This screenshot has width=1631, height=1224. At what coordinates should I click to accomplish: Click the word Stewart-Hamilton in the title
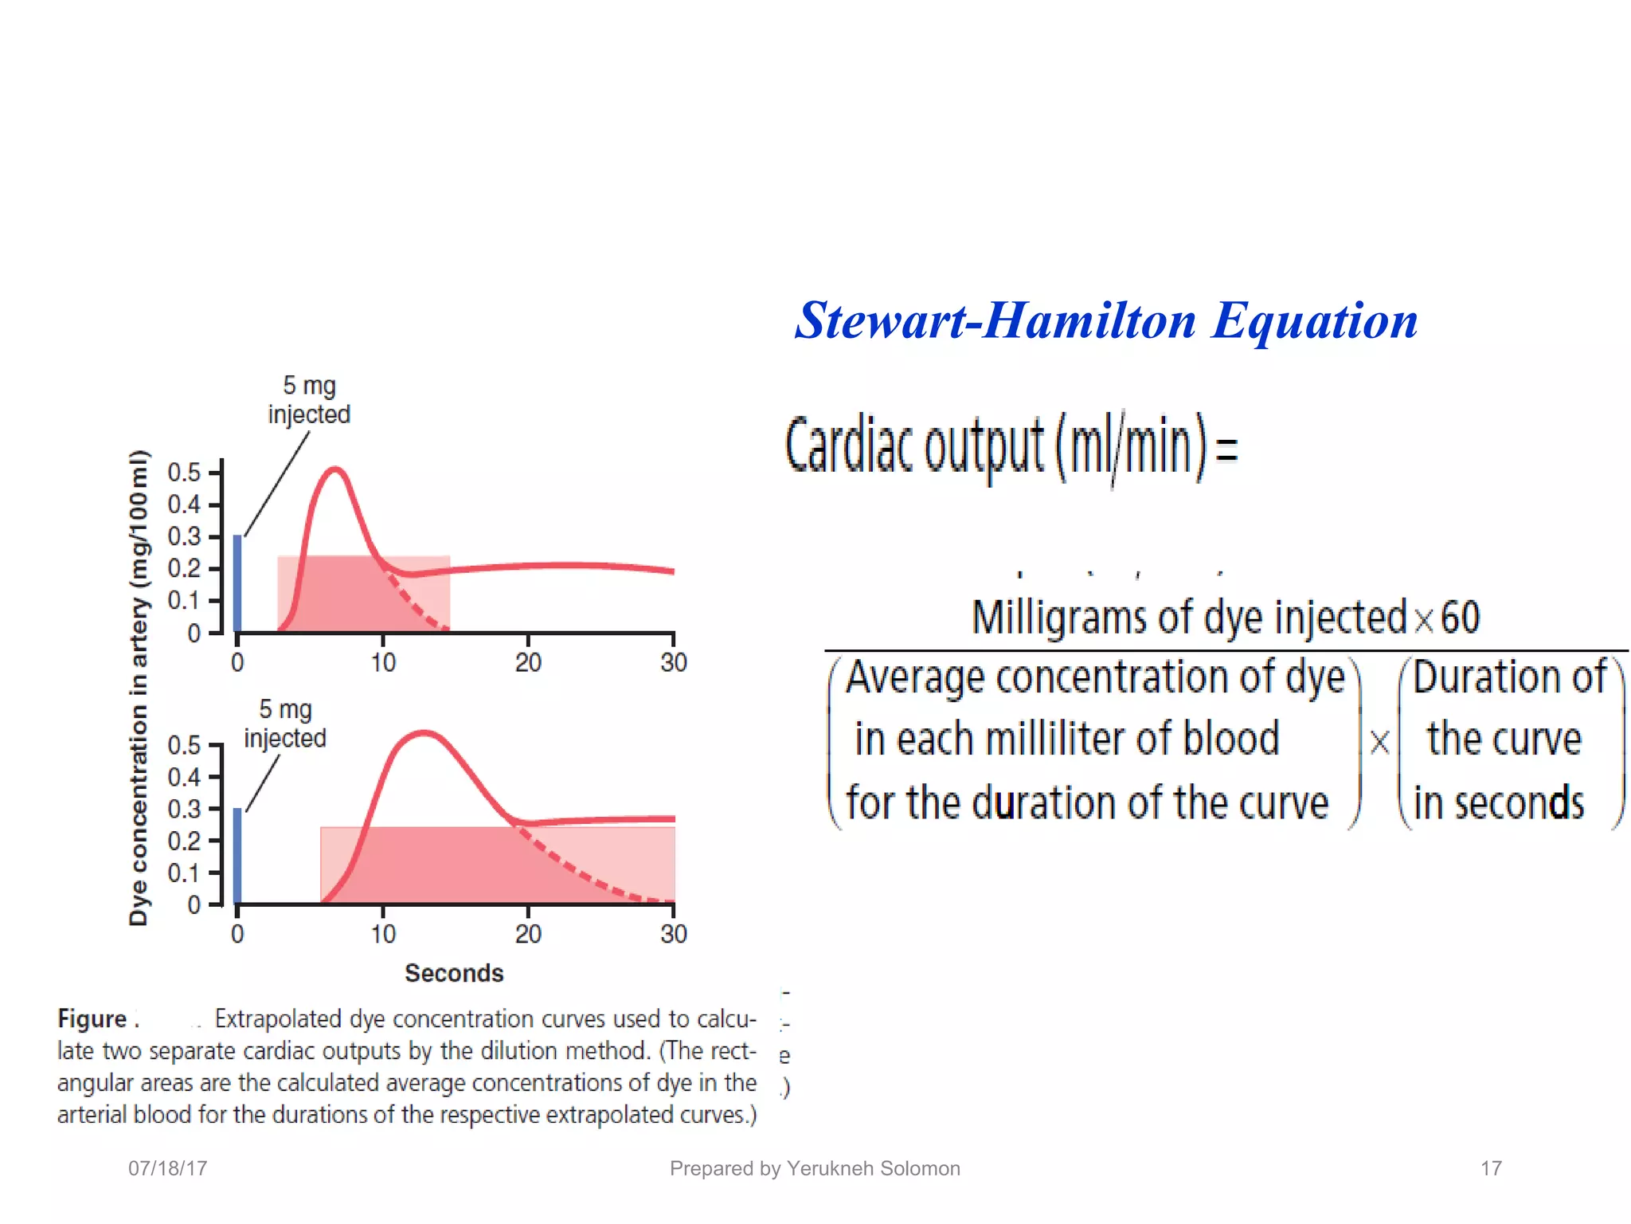pyautogui.click(x=995, y=321)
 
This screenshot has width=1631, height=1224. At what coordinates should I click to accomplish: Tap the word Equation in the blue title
pyautogui.click(x=1315, y=321)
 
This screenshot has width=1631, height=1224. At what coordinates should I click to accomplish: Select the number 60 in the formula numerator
pyautogui.click(x=1460, y=618)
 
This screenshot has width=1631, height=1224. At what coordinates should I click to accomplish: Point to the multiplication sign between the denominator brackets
pyautogui.click(x=1379, y=742)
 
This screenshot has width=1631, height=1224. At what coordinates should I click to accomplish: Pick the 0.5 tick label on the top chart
pyautogui.click(x=184, y=473)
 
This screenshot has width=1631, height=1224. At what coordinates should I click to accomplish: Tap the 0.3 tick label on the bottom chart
pyautogui.click(x=184, y=809)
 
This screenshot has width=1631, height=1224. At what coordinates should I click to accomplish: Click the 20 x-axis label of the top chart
pyautogui.click(x=528, y=662)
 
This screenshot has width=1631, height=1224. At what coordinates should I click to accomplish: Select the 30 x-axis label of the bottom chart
pyautogui.click(x=674, y=934)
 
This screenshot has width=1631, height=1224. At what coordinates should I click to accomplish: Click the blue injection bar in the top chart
pyautogui.click(x=237, y=583)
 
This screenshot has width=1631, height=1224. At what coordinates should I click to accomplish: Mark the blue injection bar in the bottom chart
pyautogui.click(x=237, y=856)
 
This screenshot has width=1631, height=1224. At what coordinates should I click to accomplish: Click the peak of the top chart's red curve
pyautogui.click(x=336, y=469)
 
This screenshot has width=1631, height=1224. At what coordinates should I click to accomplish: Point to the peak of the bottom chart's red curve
pyautogui.click(x=424, y=732)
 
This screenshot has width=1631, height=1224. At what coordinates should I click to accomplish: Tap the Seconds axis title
pyautogui.click(x=454, y=973)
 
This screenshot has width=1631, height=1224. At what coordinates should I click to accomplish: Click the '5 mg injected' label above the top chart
pyautogui.click(x=309, y=400)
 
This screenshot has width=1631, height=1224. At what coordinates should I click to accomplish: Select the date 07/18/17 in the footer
pyautogui.click(x=168, y=1168)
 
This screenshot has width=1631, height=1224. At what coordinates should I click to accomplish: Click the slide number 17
pyautogui.click(x=1491, y=1168)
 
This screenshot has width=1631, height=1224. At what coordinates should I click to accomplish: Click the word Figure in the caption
pyautogui.click(x=92, y=1019)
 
